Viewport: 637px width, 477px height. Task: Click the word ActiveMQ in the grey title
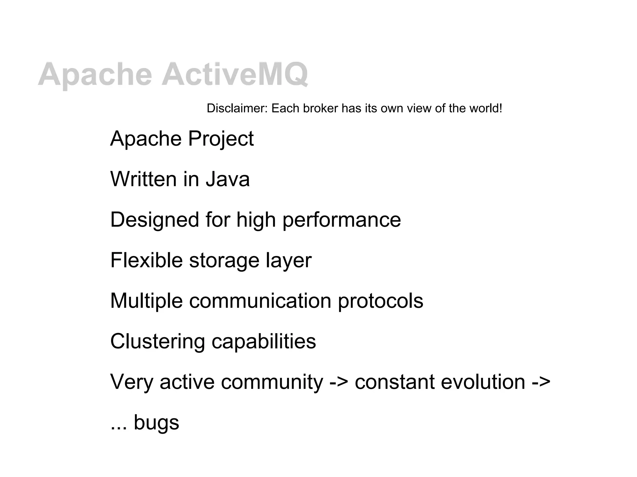point(235,75)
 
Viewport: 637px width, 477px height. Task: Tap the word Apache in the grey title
point(95,75)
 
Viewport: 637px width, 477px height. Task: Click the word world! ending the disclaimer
point(486,108)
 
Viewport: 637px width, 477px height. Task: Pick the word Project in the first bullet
point(221,139)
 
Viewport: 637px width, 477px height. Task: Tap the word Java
point(228,179)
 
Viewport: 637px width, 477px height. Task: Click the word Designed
point(154,220)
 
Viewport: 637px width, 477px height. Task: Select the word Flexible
point(146,260)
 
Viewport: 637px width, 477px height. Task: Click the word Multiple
point(146,301)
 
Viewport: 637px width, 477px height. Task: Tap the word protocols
point(380,301)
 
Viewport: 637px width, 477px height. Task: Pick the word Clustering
point(157,342)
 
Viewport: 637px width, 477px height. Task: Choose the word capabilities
point(264,342)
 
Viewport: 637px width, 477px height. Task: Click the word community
point(272,382)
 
